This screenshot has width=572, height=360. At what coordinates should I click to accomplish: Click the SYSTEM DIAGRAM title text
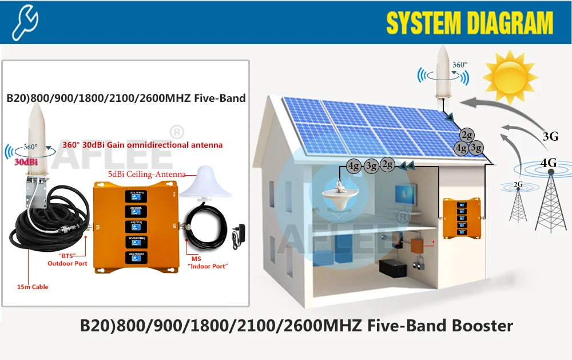(x=470, y=22)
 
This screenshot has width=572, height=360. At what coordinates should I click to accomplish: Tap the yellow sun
(x=510, y=79)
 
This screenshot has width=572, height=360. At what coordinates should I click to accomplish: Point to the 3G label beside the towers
(x=550, y=136)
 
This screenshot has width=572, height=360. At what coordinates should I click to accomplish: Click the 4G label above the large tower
(x=549, y=163)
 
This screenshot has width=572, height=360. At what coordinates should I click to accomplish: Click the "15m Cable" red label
(x=33, y=287)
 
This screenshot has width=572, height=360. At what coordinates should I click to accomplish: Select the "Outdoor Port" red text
(x=67, y=263)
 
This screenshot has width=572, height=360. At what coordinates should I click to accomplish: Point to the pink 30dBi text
(x=26, y=163)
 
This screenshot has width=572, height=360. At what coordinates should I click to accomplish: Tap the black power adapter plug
(x=236, y=235)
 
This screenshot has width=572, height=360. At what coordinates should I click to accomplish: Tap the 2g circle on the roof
(x=467, y=135)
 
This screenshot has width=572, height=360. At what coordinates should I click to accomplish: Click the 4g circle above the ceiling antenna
(x=354, y=167)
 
